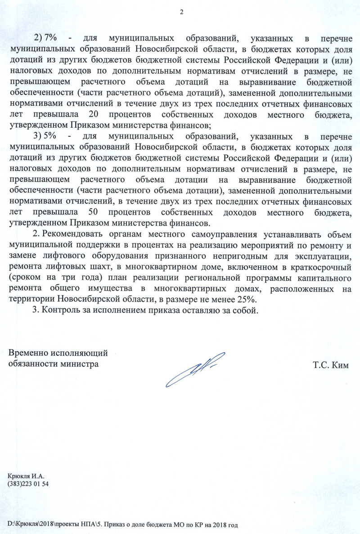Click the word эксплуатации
[x=324, y=256]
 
